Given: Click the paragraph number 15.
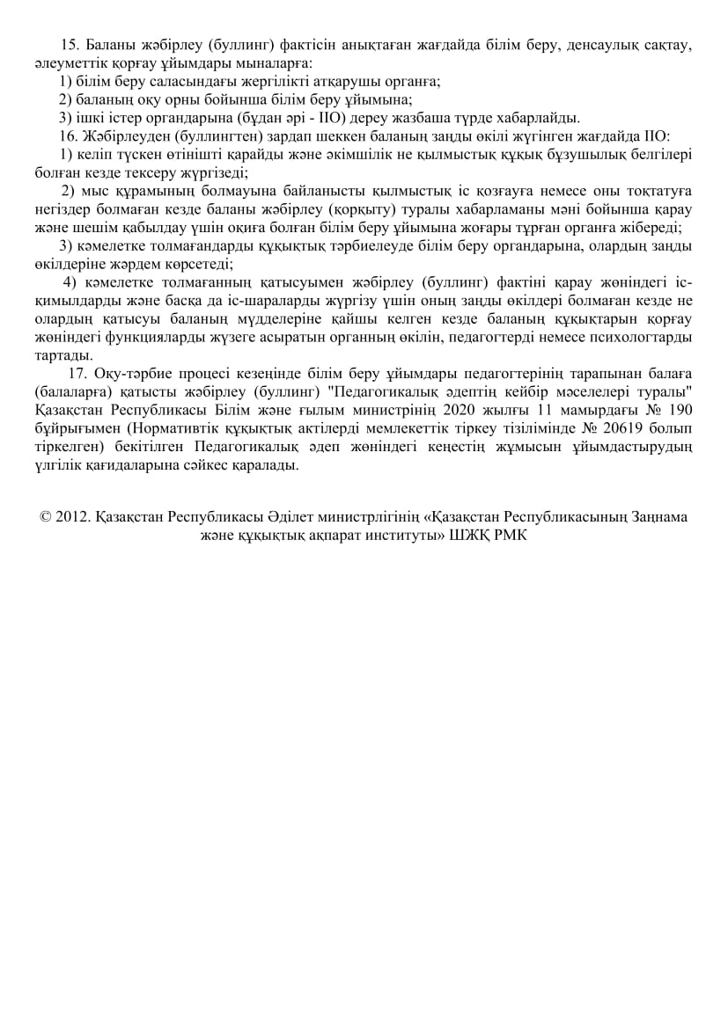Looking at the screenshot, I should point(68,45).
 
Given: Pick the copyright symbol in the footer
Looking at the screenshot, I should point(45,517).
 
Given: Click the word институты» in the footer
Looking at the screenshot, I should point(396,535).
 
